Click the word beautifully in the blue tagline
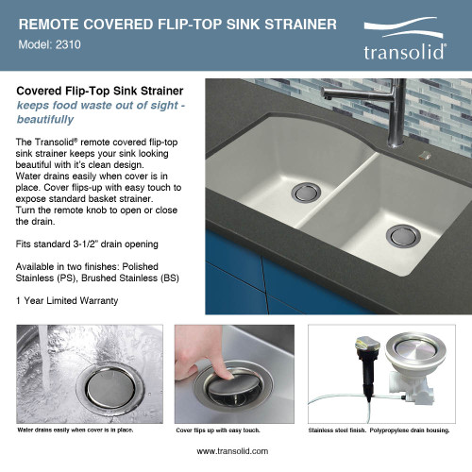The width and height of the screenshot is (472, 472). coord(45,120)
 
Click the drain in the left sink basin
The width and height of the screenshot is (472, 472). coord(307,193)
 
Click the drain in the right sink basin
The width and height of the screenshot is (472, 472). coord(402,235)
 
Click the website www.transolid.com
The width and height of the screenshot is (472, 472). coord(235,451)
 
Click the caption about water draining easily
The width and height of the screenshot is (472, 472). coord(76,430)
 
